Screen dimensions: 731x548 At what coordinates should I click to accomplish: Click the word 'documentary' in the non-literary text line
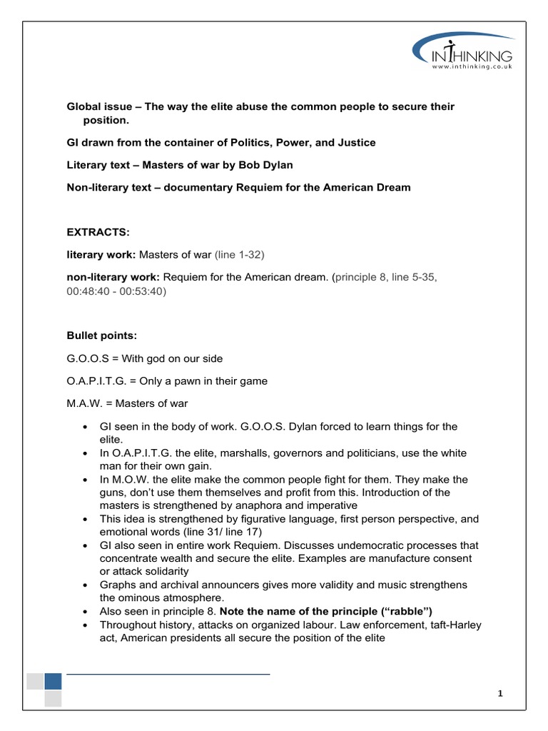tap(208, 187)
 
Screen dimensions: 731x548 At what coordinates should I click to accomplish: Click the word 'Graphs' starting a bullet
tap(118, 585)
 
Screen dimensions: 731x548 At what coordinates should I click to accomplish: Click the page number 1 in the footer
tap(501, 694)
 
